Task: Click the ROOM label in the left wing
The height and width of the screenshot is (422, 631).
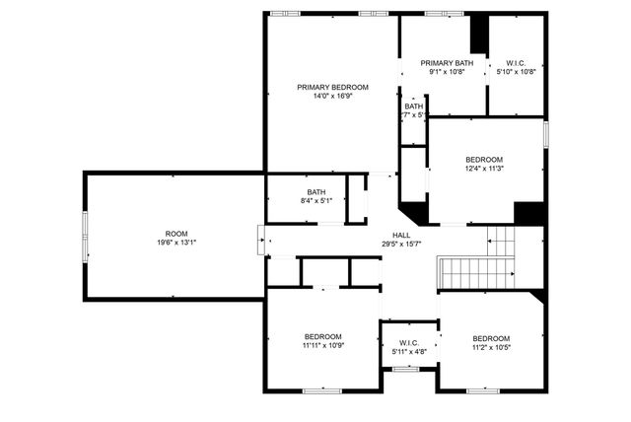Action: pyautogui.click(x=175, y=234)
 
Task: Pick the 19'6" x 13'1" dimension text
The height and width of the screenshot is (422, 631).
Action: pyautogui.click(x=175, y=244)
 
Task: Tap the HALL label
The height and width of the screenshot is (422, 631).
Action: pyautogui.click(x=401, y=235)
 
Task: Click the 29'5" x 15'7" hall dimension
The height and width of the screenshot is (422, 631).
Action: pyautogui.click(x=401, y=245)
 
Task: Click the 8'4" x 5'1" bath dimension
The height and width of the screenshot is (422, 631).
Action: pyautogui.click(x=315, y=201)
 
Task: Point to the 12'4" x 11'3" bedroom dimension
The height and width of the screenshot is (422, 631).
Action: pyautogui.click(x=484, y=169)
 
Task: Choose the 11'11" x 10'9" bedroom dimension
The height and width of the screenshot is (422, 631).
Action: pyautogui.click(x=322, y=346)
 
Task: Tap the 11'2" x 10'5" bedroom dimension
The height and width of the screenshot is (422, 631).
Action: pyautogui.click(x=490, y=346)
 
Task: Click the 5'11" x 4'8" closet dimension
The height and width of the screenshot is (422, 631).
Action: pyautogui.click(x=409, y=352)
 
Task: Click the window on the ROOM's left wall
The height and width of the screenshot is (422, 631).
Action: pyautogui.click(x=85, y=237)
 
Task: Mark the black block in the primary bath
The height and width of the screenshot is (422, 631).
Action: pyautogui.click(x=479, y=35)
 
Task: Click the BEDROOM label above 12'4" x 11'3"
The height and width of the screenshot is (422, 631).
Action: pyautogui.click(x=484, y=160)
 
